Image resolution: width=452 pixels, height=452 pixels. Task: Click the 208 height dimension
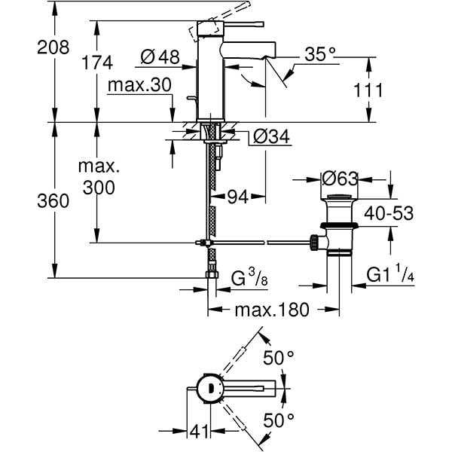pyautogui.click(x=53, y=47)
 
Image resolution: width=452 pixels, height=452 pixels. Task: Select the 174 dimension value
pyautogui.click(x=97, y=63)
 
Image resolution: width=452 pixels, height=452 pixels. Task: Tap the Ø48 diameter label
pyautogui.click(x=160, y=56)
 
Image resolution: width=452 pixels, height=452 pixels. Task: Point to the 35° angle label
pyautogui.click(x=320, y=54)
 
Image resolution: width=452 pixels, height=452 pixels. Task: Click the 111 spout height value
pyautogui.click(x=368, y=90)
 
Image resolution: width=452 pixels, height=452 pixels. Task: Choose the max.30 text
pyautogui.click(x=140, y=85)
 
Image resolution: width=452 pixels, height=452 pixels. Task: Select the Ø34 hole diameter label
pyautogui.click(x=271, y=136)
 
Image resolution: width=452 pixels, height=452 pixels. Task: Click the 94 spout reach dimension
pyautogui.click(x=238, y=197)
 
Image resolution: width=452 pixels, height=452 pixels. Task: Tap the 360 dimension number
pyautogui.click(x=53, y=201)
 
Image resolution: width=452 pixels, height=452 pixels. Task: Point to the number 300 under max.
pyautogui.click(x=99, y=188)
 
